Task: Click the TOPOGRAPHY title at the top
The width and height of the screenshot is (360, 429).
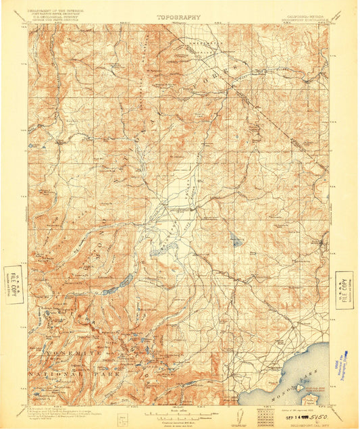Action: (178, 18)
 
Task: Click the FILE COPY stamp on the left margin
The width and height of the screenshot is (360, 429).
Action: (13, 284)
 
